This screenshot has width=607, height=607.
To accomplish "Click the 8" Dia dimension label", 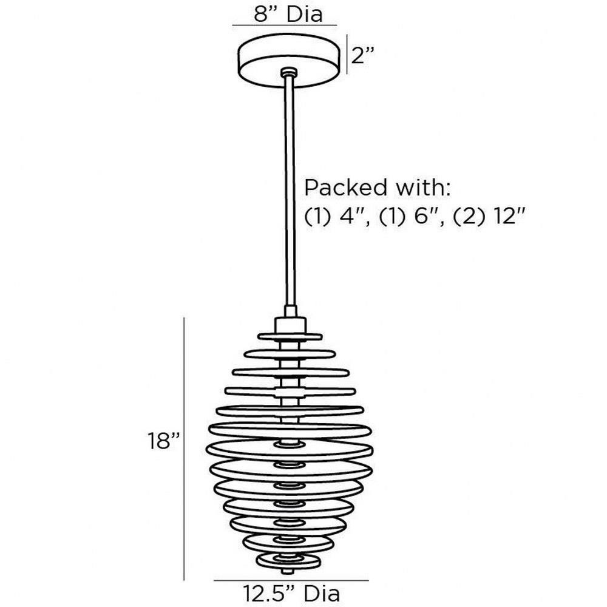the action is pyautogui.click(x=288, y=15).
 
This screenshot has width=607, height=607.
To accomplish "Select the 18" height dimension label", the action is pyautogui.click(x=164, y=441).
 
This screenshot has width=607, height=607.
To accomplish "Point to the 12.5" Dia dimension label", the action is pyautogui.click(x=291, y=594).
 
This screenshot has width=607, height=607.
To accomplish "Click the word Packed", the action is pyautogui.click(x=346, y=188).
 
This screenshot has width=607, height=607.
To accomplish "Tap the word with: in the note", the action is pyautogui.click(x=422, y=188).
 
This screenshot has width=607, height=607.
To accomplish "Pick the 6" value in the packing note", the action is pyautogui.click(x=425, y=217).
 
